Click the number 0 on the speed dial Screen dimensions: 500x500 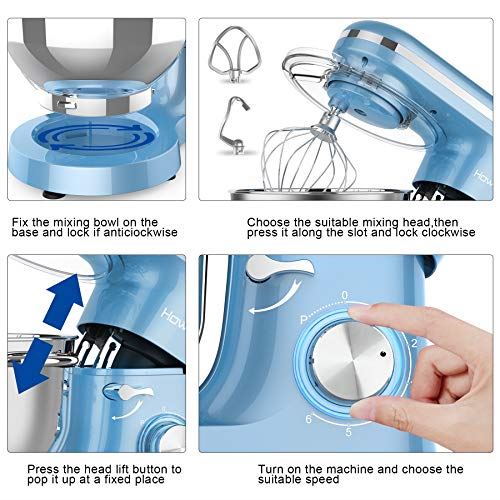(344, 296)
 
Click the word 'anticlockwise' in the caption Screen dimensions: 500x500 (131, 231)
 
